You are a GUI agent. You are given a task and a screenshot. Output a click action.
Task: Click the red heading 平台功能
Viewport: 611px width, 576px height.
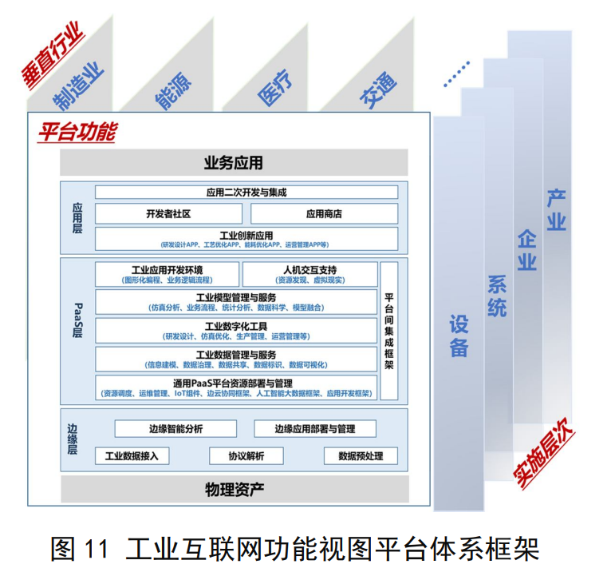coord(77,131)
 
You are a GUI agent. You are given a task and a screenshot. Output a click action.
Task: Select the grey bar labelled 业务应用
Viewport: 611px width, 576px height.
coord(233,163)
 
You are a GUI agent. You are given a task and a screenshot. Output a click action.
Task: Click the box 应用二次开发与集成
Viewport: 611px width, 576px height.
coord(246,193)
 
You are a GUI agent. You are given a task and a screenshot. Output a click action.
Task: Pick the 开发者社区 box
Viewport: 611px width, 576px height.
coord(168,214)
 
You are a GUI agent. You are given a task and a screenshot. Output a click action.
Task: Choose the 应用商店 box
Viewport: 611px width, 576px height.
coord(324,214)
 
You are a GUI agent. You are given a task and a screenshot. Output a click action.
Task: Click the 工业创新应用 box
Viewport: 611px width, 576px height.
coord(246,239)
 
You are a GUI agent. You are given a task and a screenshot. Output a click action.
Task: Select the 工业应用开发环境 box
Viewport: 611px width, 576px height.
coord(167,274)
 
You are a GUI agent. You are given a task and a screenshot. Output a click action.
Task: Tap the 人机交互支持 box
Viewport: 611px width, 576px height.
coord(309,274)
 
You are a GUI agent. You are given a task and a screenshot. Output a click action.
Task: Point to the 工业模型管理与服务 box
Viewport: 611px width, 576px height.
coord(235,302)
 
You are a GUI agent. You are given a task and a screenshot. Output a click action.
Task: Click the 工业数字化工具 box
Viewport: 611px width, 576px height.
coord(235,330)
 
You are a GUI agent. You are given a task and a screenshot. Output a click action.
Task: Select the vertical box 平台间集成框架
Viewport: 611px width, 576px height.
coord(389,330)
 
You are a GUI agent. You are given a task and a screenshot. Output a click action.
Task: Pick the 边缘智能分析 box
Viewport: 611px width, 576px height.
coord(176,429)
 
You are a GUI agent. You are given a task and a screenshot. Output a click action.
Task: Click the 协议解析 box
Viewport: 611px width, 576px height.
coord(246,456)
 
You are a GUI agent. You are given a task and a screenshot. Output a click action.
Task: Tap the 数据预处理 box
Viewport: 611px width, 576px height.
coord(361,456)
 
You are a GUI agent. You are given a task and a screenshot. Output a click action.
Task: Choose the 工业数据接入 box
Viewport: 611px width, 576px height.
coord(132,456)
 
